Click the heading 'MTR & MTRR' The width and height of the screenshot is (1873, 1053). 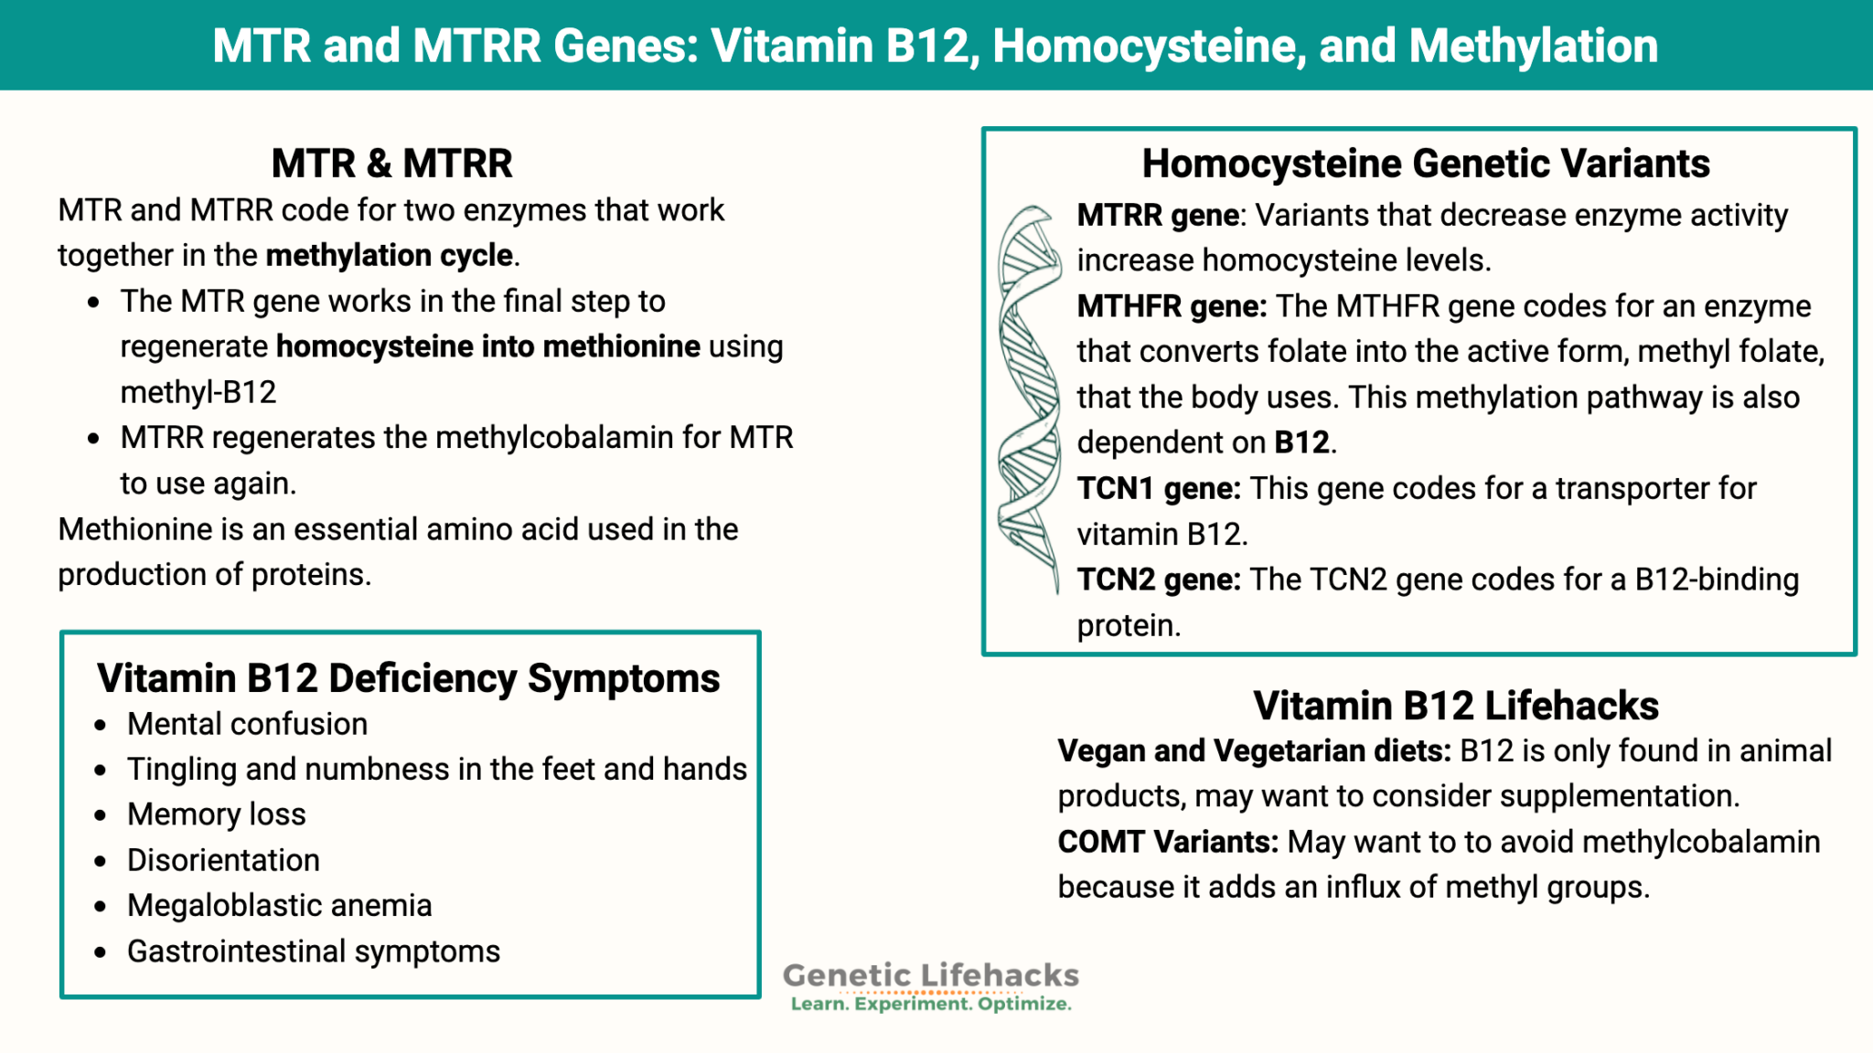point(391,164)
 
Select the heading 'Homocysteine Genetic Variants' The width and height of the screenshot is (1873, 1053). point(1425,164)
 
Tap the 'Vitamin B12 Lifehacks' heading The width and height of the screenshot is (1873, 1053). point(1455,706)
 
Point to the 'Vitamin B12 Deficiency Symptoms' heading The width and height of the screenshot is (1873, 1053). point(408,678)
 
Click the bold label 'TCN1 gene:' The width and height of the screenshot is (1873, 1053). point(1158,489)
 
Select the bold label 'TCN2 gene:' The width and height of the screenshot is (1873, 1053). point(1158,580)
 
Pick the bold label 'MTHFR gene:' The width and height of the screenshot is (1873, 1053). point(1171,306)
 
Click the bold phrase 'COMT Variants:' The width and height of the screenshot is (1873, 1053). point(1167,842)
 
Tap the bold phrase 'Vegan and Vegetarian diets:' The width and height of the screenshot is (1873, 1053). point(1253,751)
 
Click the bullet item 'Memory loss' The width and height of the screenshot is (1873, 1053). point(216,814)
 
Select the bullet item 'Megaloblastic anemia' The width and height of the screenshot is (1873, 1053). point(279,906)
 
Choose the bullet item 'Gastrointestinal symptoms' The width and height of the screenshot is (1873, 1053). point(313,952)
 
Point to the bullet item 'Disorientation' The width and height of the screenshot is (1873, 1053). point(223,860)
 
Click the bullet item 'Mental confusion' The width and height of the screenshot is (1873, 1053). point(247,724)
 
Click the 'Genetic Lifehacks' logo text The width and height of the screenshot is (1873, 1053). point(930,975)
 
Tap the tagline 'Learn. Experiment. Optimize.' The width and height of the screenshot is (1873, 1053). point(930,1004)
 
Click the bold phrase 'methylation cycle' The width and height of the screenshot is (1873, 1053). point(389,255)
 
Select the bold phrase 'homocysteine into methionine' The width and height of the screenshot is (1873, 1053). point(487,346)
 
